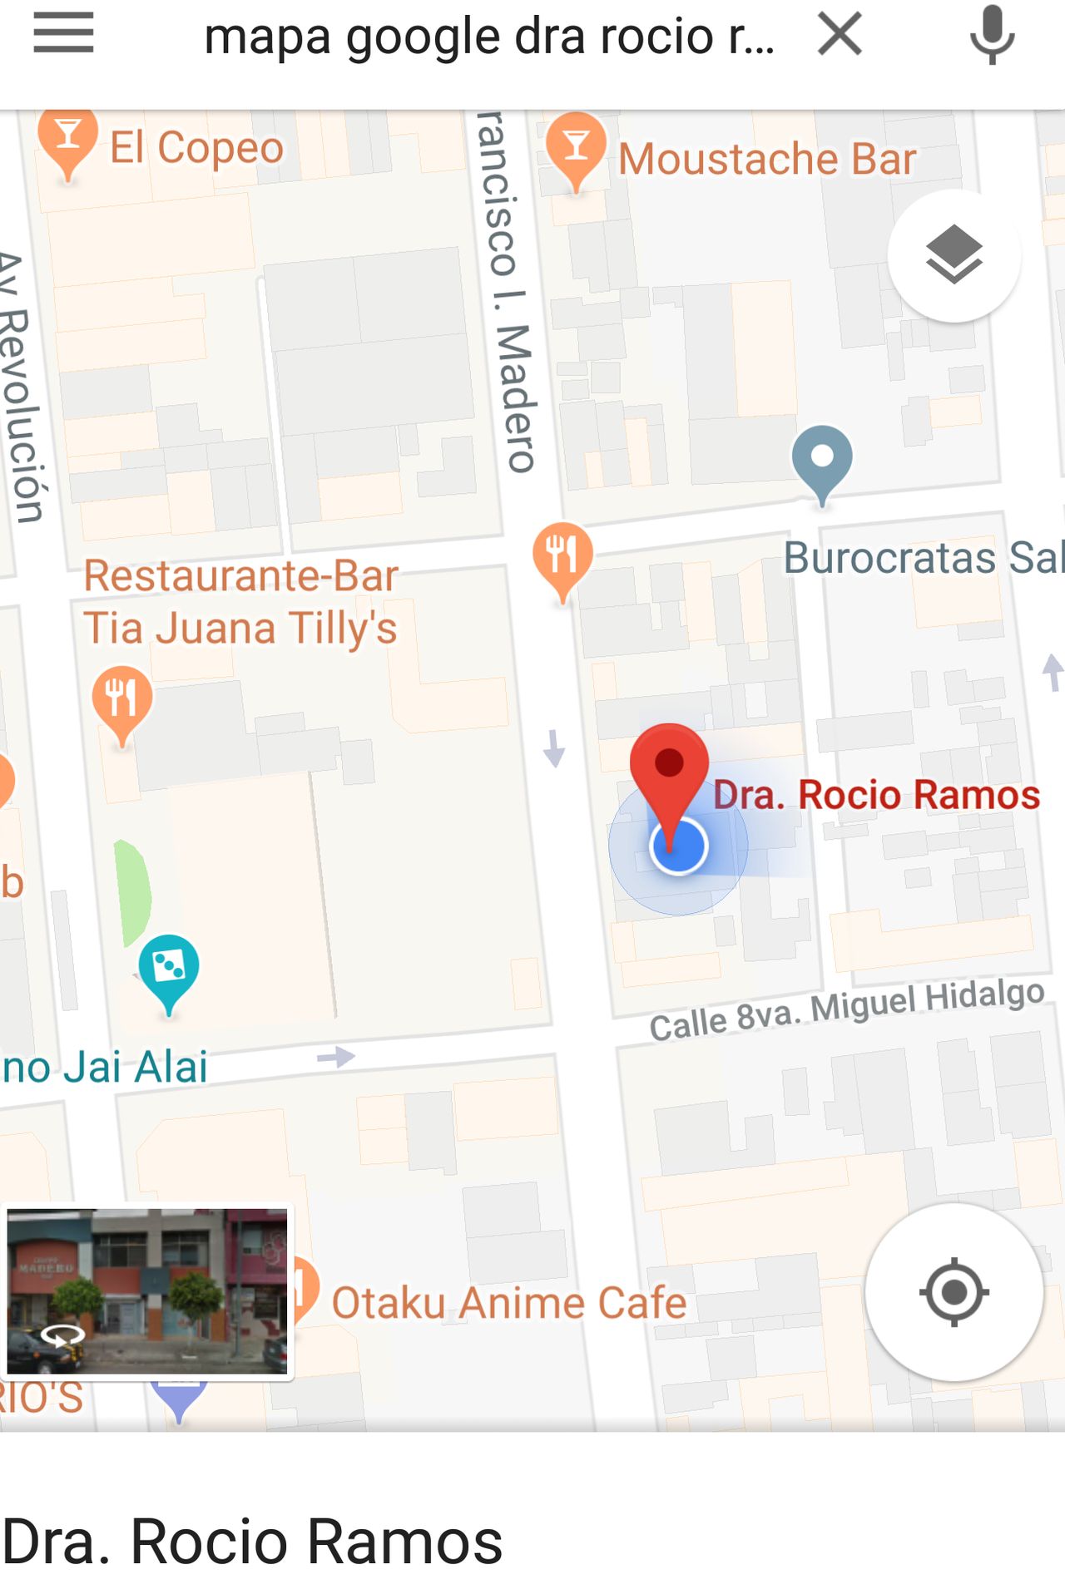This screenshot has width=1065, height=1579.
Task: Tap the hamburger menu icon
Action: tap(63, 33)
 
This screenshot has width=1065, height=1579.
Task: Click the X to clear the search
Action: tap(840, 35)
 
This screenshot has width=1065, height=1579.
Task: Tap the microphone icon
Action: tap(992, 35)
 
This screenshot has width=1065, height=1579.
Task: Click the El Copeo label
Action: tap(197, 148)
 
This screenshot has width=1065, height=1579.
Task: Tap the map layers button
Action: tap(954, 255)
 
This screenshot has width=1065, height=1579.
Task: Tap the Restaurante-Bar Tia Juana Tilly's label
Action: tap(240, 601)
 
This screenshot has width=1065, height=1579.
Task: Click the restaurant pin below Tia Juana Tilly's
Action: tap(122, 701)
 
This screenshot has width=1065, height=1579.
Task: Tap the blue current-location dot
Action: tap(679, 846)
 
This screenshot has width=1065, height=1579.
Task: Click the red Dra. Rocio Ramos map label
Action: tap(877, 795)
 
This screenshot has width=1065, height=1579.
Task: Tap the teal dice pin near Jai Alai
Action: tap(169, 970)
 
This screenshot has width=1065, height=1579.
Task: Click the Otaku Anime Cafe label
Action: tap(509, 1302)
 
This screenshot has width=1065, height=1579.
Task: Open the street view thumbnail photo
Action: tap(147, 1291)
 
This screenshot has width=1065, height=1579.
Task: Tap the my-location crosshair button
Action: tap(954, 1292)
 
